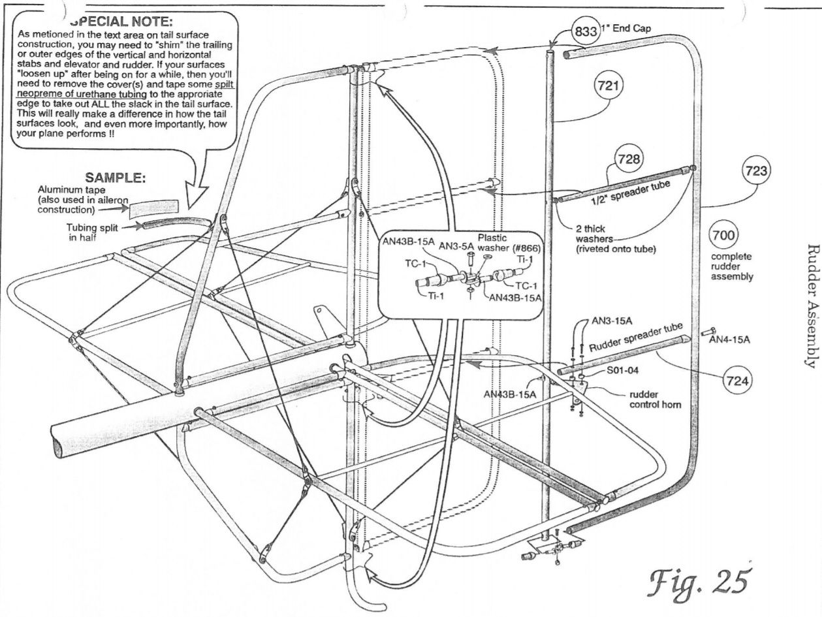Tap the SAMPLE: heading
pos(116,178)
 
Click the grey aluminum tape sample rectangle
pos(153,208)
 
